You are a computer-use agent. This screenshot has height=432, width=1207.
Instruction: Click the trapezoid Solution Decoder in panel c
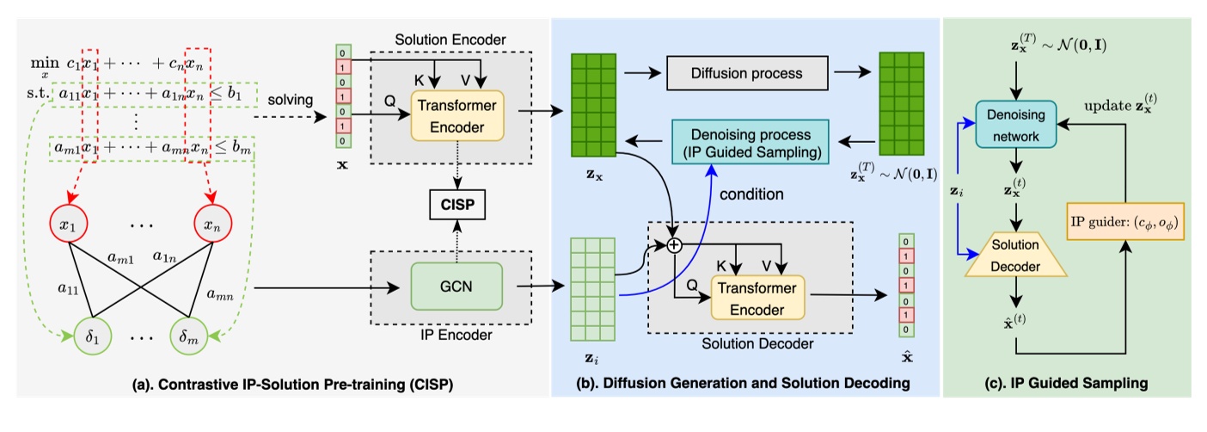tap(1015, 257)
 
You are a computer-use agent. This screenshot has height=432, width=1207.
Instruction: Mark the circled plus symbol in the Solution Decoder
tap(674, 246)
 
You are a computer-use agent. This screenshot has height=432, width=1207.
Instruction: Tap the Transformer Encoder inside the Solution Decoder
tap(754, 299)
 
